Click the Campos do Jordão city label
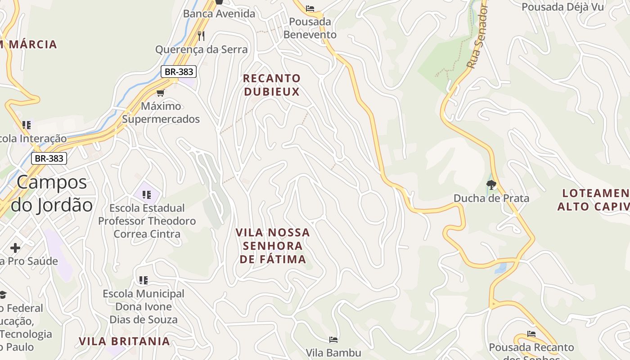[52, 193]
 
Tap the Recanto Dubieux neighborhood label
[271, 85]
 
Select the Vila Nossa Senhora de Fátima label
[273, 246]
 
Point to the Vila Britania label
[125, 341]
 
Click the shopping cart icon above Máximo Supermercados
[160, 93]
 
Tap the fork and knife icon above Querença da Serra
[201, 36]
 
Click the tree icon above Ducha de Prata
[491, 184]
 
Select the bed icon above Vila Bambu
[333, 339]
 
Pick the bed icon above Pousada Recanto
[531, 334]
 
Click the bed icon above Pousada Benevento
[310, 8]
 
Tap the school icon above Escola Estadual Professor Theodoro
[147, 195]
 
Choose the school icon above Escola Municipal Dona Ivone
[144, 280]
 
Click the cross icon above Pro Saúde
[15, 248]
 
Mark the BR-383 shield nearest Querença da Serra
[179, 72]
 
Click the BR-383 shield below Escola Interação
[49, 158]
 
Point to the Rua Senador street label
[477, 36]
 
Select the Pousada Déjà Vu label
[555, 7]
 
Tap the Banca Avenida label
[219, 13]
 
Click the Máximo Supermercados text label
[161, 112]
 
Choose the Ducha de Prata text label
[491, 198]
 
